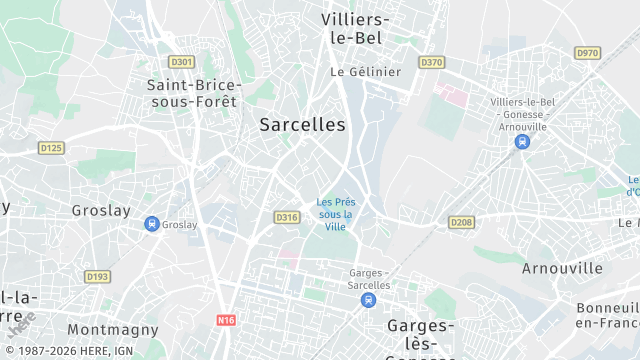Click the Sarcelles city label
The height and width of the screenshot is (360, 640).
click(302, 125)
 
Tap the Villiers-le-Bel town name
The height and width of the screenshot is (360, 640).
click(356, 28)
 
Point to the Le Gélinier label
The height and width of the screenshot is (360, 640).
click(365, 72)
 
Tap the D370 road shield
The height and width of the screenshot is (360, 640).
click(431, 62)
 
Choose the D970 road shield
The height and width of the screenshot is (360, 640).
click(587, 52)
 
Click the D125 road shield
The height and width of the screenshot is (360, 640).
click(50, 148)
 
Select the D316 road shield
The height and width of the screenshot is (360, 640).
click(286, 217)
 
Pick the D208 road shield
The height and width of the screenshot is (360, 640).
click(460, 222)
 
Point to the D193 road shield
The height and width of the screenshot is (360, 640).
click(97, 277)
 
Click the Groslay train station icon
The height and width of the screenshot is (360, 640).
click(151, 224)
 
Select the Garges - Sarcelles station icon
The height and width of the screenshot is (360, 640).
click(370, 299)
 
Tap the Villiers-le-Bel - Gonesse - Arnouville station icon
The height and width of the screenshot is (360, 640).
click(521, 142)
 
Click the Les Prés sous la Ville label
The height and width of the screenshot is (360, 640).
click(335, 213)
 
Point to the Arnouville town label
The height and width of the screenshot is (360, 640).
click(562, 268)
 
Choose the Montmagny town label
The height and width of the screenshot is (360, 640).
click(113, 329)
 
